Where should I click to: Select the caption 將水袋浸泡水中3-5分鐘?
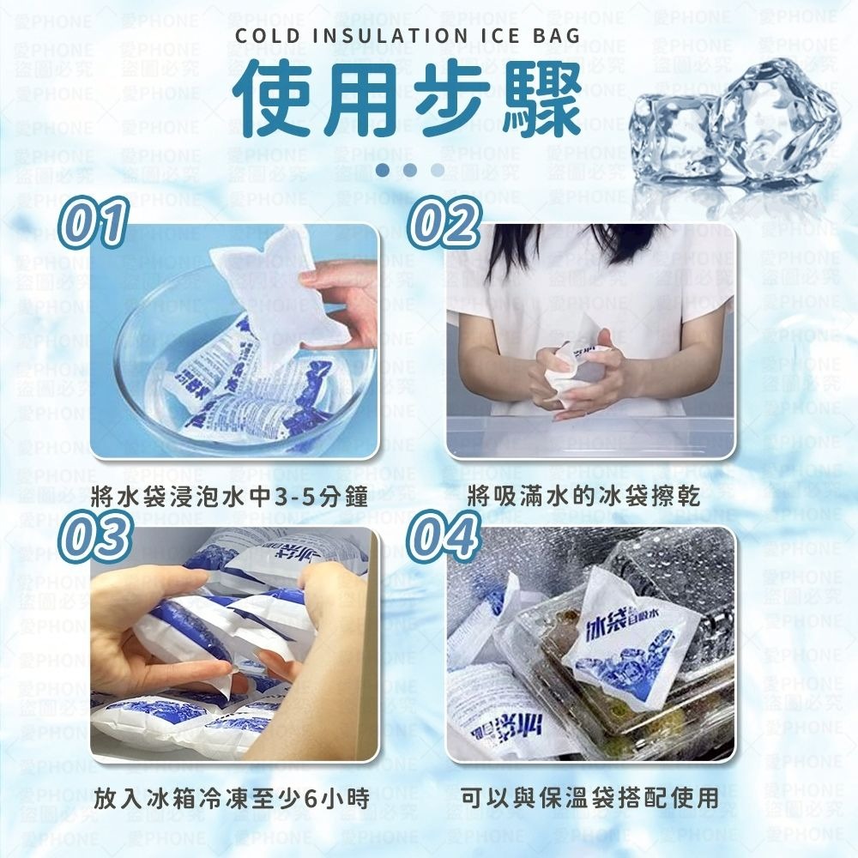coord(229,496)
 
